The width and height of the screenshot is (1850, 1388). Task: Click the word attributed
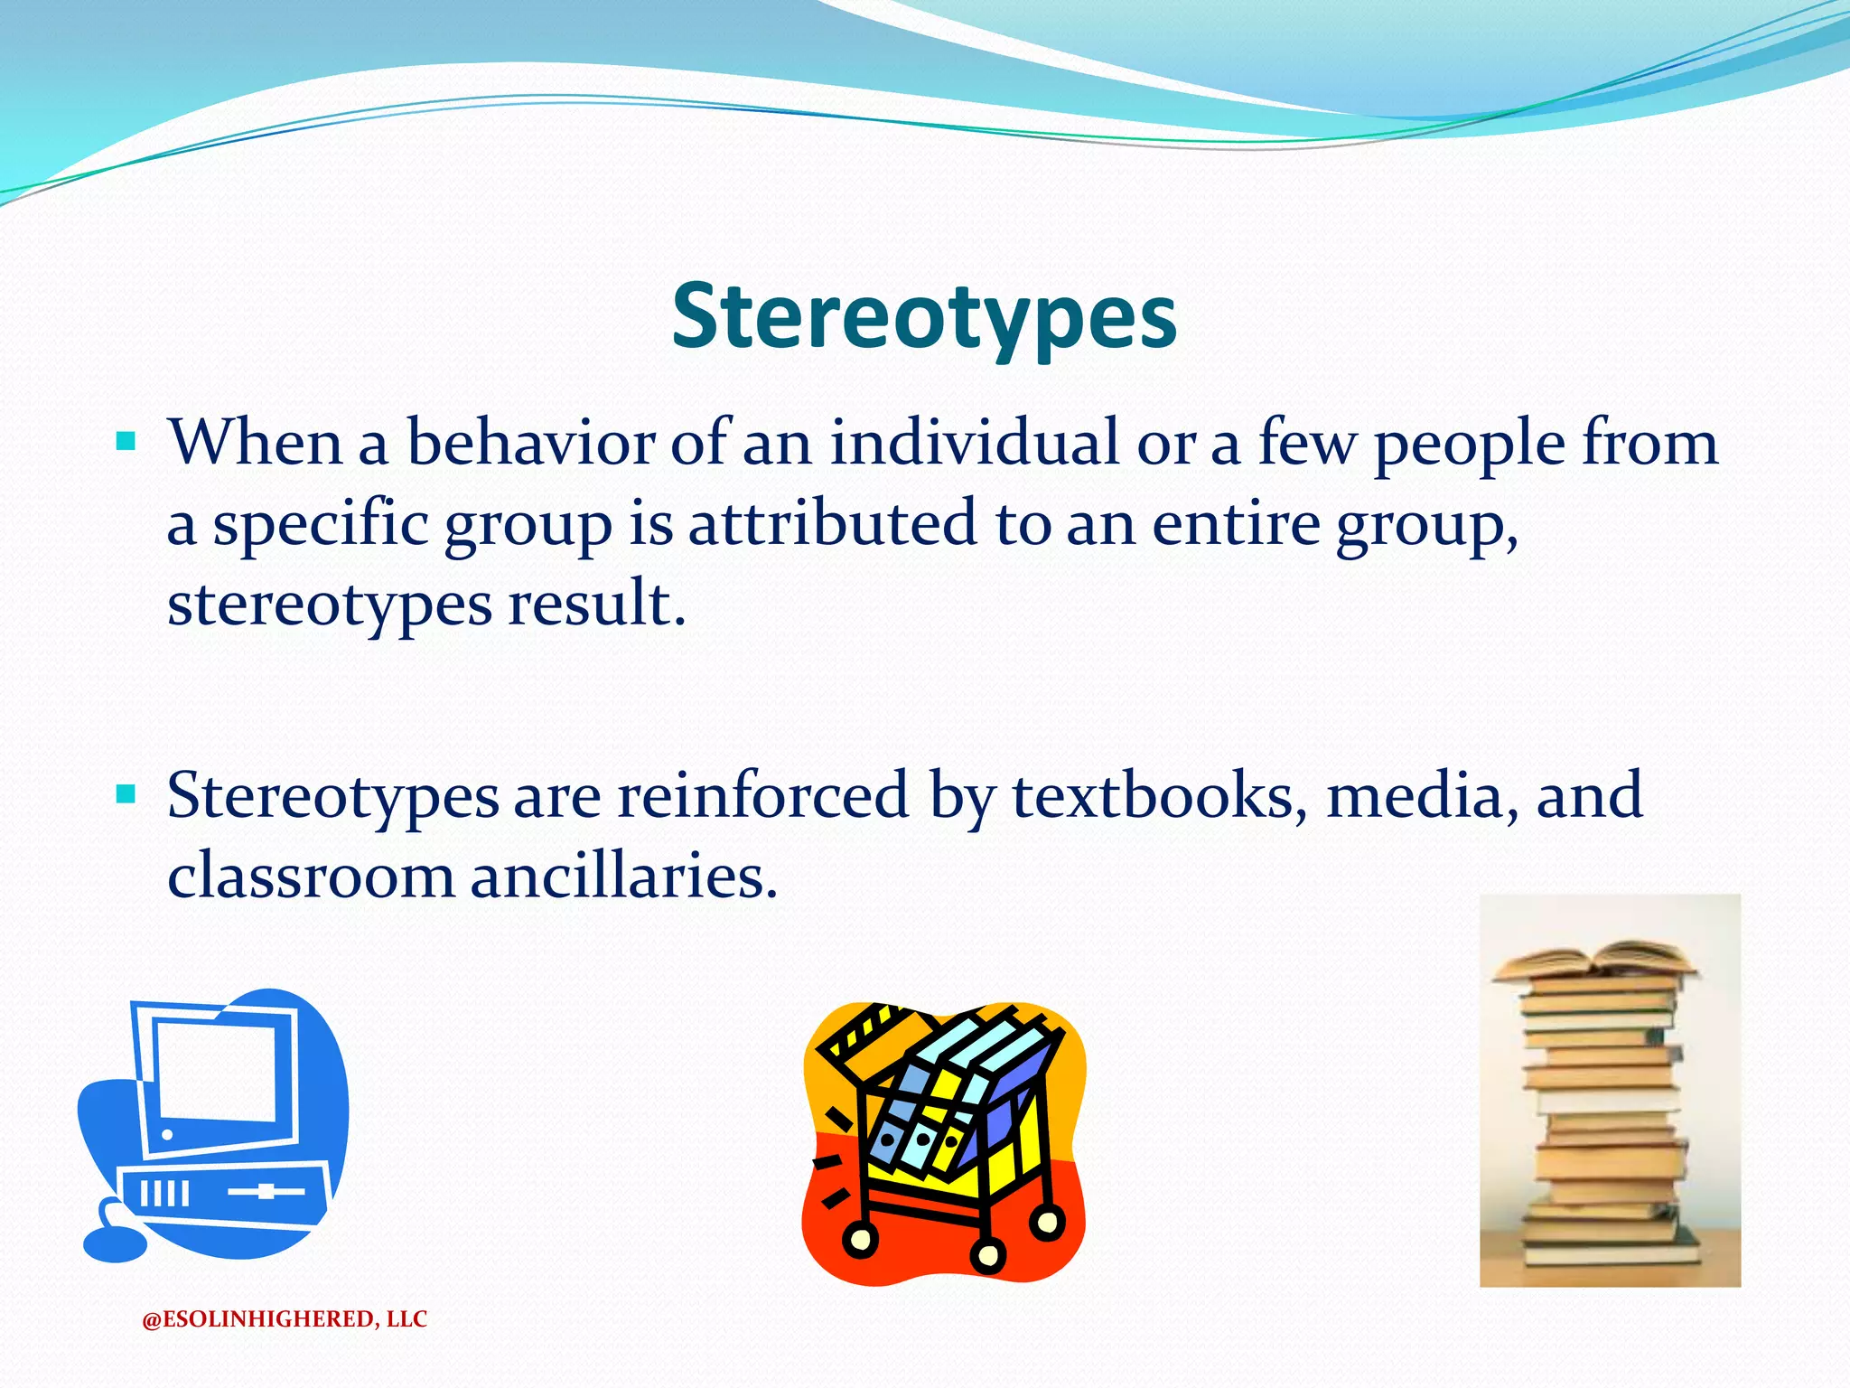[832, 523]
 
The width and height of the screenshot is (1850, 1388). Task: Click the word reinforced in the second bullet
[762, 795]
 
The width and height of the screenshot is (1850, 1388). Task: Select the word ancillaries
[623, 876]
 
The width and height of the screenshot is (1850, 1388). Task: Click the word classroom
[311, 876]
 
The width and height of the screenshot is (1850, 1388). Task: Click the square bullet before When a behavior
[126, 442]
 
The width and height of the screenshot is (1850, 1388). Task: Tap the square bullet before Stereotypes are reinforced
[126, 795]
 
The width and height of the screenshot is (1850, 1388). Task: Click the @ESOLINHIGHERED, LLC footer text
[285, 1319]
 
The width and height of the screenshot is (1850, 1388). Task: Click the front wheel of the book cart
[987, 1254]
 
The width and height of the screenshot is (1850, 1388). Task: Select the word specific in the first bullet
[320, 523]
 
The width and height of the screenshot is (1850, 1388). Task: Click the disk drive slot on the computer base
[266, 1192]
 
